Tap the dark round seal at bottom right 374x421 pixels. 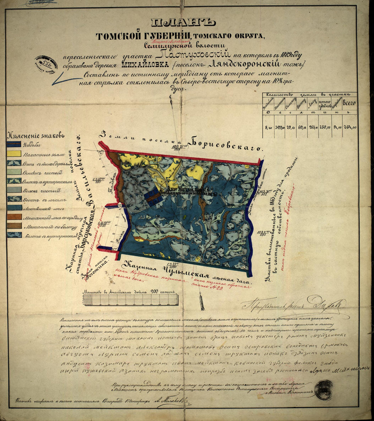pyautogui.click(x=324, y=388)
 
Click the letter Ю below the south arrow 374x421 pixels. pyautogui.click(x=203, y=309)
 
